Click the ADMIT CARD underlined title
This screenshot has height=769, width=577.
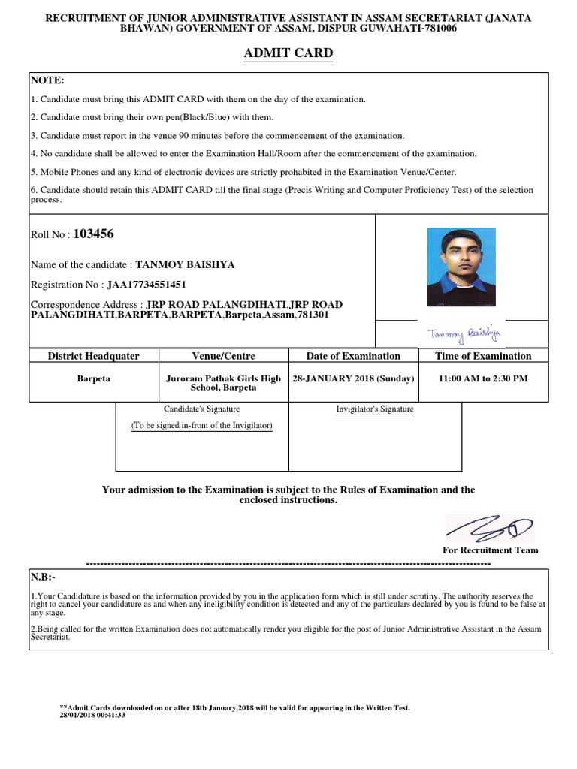click(x=288, y=53)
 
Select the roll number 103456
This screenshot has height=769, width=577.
click(x=94, y=234)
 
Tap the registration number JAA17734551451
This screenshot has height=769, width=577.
click(x=147, y=285)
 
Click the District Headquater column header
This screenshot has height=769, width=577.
click(x=94, y=356)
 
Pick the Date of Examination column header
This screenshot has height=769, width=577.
click(x=353, y=356)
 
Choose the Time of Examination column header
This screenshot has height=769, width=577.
click(x=483, y=356)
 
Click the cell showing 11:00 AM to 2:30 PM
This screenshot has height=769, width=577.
click(x=483, y=378)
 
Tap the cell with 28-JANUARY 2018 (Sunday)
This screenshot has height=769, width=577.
click(x=353, y=378)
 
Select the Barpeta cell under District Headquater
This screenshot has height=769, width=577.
click(x=94, y=378)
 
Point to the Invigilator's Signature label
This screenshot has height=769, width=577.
click(x=374, y=409)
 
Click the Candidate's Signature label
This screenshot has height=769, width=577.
click(x=202, y=409)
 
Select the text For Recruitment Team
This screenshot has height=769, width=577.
click(x=491, y=550)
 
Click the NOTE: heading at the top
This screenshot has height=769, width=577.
click(x=47, y=80)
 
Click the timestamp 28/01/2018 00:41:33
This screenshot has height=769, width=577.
click(x=92, y=716)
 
